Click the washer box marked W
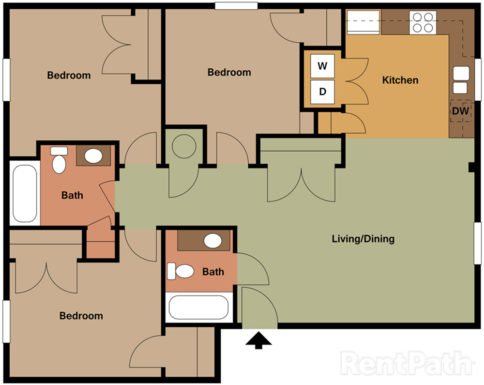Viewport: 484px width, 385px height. [322, 66]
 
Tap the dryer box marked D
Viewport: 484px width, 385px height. [322, 92]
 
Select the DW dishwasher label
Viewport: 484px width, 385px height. [460, 111]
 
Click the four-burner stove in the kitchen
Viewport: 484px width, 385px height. [423, 23]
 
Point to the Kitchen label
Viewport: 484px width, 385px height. [400, 80]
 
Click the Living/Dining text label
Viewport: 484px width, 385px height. [363, 239]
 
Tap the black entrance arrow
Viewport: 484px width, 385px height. [258, 340]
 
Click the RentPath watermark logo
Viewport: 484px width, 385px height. [408, 363]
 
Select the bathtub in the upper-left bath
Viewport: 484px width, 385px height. [25, 193]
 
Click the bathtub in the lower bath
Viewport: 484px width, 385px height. [199, 308]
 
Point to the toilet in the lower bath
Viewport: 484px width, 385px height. [180, 271]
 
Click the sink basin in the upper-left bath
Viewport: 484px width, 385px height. [93, 155]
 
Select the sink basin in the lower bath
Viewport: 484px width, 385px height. [212, 241]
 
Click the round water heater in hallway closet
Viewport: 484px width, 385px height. [183, 146]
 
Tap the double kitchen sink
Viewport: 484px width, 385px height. [461, 80]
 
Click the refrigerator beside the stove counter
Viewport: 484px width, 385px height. [363, 22]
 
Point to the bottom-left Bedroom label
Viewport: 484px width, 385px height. [81, 316]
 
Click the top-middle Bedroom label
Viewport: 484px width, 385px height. [229, 72]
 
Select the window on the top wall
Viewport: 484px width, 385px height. [236, 6]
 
